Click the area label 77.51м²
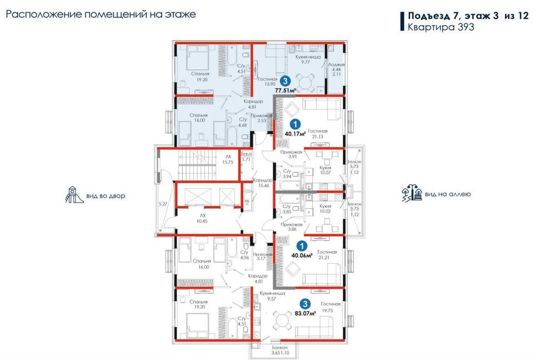click(x=285, y=91)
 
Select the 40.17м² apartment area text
click(x=294, y=134)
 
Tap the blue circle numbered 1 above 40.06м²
click(x=302, y=246)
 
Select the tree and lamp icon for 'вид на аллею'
click(x=412, y=194)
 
